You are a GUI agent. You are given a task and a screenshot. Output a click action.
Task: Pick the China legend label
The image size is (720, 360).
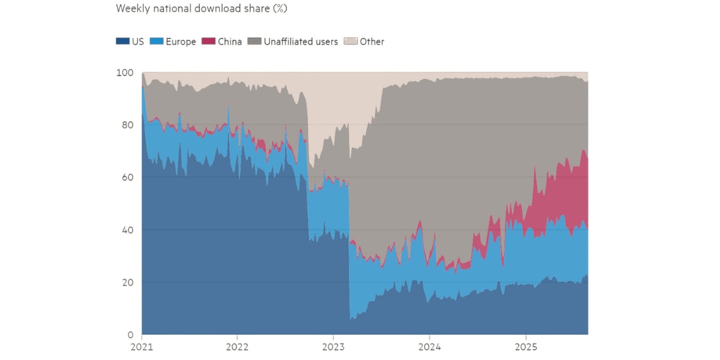click(x=230, y=42)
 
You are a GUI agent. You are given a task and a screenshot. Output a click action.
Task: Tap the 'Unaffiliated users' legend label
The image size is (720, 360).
click(x=301, y=42)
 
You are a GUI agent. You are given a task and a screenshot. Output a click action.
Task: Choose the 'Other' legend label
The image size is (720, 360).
click(x=372, y=42)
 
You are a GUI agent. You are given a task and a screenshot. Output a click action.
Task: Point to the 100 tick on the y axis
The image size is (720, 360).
click(x=125, y=73)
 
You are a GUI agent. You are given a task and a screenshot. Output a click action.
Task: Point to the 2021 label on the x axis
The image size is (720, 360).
click(x=142, y=347)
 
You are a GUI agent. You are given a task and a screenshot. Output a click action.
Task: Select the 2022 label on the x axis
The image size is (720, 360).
click(x=238, y=347)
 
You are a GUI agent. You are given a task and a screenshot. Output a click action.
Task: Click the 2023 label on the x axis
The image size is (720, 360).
click(x=334, y=347)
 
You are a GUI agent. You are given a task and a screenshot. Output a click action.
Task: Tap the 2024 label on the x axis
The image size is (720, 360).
click(x=430, y=347)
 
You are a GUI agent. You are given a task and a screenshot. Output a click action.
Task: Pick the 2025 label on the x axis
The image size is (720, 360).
click(x=526, y=347)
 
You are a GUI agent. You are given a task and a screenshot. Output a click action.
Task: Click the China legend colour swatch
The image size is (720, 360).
click(x=208, y=42)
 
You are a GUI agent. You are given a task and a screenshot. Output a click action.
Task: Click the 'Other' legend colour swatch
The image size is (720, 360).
click(x=351, y=42)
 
